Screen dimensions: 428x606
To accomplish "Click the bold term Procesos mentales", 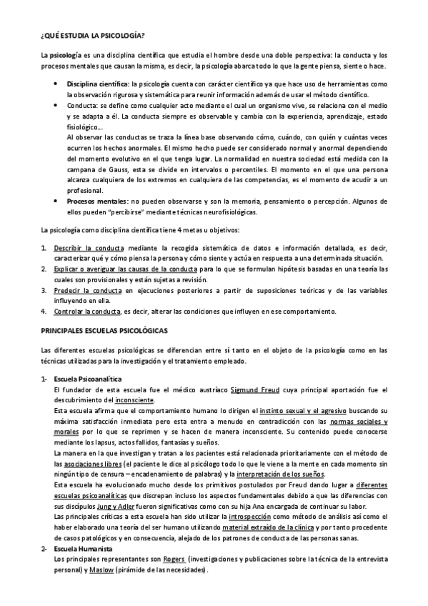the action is (x=96, y=202).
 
